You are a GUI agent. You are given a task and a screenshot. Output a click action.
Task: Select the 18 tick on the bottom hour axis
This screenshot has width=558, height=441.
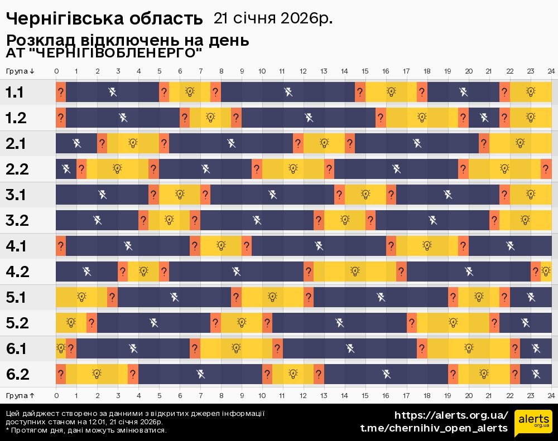pyautogui.click(x=427, y=395)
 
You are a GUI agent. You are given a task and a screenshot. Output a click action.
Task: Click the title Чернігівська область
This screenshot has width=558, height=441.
pyautogui.click(x=104, y=18)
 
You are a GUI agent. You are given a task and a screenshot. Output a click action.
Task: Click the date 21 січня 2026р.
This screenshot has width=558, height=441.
pyautogui.click(x=273, y=18)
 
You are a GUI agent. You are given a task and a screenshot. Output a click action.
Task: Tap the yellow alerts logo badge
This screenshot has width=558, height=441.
pyautogui.click(x=533, y=421)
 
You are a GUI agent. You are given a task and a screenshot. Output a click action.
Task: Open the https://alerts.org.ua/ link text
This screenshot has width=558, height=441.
pyautogui.click(x=451, y=415)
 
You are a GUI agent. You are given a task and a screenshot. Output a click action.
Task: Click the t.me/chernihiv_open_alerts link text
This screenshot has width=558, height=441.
pyautogui.click(x=434, y=428)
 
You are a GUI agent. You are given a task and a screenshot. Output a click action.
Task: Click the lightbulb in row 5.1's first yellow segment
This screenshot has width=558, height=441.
pyautogui.click(x=81, y=297)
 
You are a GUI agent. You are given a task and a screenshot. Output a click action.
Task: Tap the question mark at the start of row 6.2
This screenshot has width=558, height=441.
pyautogui.click(x=60, y=374)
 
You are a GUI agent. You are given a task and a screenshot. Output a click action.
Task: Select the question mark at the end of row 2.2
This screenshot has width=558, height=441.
pyautogui.click(x=546, y=169)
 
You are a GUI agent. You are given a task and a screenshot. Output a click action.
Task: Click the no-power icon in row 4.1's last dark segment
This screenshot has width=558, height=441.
pyautogui.click(x=509, y=245)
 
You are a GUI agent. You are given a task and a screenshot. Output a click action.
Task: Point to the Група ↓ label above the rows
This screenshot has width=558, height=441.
pyautogui.click(x=20, y=71)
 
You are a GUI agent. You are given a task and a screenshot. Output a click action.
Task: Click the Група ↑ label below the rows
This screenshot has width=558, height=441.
pyautogui.click(x=20, y=395)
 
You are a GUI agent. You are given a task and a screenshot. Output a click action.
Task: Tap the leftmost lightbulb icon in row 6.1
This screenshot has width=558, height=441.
pyautogui.click(x=60, y=348)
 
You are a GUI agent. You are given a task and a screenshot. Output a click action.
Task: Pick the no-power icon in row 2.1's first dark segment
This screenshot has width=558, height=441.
pyautogui.click(x=76, y=143)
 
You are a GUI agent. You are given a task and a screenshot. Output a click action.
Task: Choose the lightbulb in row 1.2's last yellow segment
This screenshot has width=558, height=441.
pyautogui.click(x=530, y=118)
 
